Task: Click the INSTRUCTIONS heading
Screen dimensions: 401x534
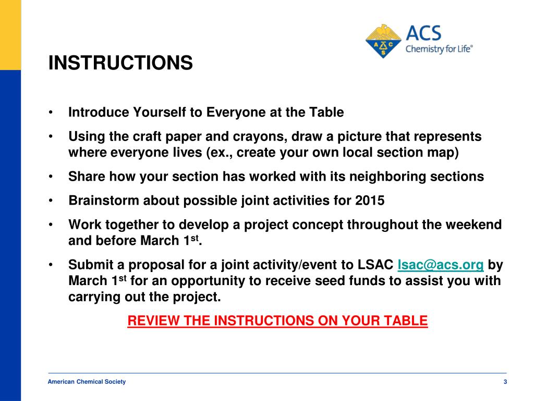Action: click(x=120, y=63)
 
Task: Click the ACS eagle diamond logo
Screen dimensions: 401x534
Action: click(x=384, y=41)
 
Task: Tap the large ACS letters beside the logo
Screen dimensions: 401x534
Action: click(x=423, y=34)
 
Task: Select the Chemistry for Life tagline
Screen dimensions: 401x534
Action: click(x=439, y=50)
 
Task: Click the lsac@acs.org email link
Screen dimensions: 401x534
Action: click(x=440, y=265)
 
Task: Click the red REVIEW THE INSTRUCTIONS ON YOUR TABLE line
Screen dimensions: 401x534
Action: click(x=277, y=321)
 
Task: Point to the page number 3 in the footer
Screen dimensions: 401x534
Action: click(x=505, y=382)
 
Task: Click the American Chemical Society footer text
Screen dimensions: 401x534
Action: click(x=87, y=382)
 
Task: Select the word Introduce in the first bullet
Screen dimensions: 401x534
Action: click(x=99, y=112)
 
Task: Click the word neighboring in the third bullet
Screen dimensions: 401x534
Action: click(x=384, y=176)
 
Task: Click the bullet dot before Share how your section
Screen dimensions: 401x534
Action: click(x=51, y=177)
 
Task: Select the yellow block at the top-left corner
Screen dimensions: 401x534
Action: click(x=10, y=34)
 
